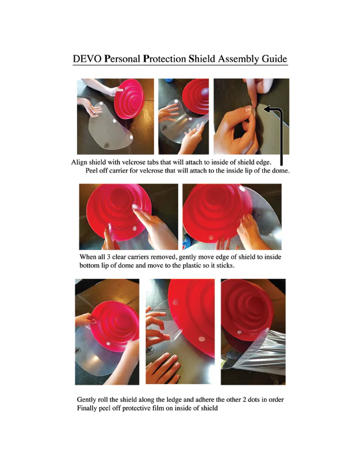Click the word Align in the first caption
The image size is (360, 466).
[x=79, y=162]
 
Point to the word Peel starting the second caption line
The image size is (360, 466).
[x=92, y=171]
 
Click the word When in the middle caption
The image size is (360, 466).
[x=88, y=257]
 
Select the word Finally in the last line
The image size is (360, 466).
[x=86, y=408]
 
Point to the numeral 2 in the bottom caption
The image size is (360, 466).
[x=245, y=400]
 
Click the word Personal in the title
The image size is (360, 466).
[x=122, y=59]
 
